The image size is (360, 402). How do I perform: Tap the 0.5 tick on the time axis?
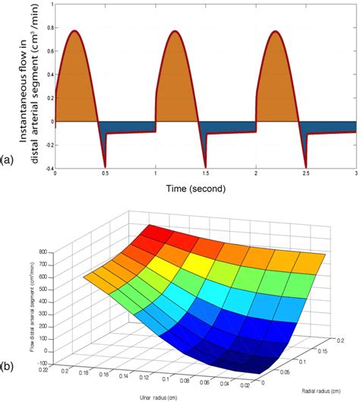105,174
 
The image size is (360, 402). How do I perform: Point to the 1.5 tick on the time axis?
206,174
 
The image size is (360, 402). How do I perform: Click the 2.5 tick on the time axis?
306,174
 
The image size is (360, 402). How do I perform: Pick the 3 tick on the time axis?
356,174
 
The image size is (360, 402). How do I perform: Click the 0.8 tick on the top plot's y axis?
48,29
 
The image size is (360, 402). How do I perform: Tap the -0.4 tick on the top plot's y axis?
46,168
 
